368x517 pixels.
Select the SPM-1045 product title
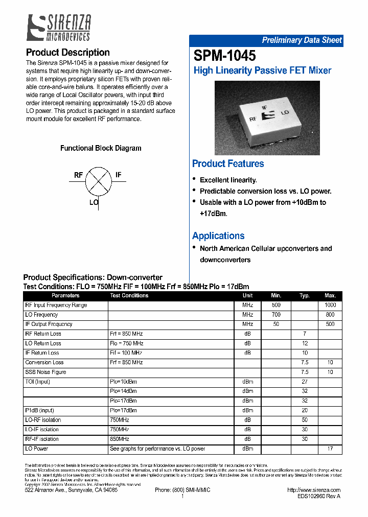pos(225,55)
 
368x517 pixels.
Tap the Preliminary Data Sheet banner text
pos(302,40)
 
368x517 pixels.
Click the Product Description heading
pos(67,53)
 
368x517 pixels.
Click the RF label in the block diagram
pos(78,175)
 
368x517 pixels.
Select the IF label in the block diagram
pos(119,175)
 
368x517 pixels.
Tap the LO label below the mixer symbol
pos(94,202)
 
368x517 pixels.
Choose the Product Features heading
pos(228,164)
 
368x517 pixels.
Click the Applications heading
pos(218,236)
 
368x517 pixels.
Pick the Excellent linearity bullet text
pos(228,180)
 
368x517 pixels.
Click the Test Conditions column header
pos(129,296)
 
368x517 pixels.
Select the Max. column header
pos(330,296)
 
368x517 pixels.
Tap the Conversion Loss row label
pos(44,363)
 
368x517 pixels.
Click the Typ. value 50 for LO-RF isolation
pos(305,420)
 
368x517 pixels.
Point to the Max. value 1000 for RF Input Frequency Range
pos(330,306)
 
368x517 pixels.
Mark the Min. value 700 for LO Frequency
pos(276,315)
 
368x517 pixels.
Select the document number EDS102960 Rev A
pos(318,496)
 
